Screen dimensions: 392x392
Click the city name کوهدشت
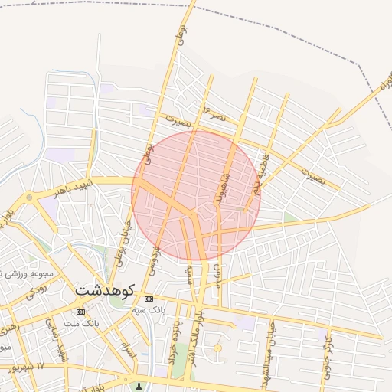point(105,291)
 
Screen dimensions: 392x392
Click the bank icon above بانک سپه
point(149,299)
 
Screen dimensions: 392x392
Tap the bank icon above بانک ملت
point(80,312)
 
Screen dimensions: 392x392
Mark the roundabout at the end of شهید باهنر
point(29,197)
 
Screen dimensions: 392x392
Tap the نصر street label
point(214,113)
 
